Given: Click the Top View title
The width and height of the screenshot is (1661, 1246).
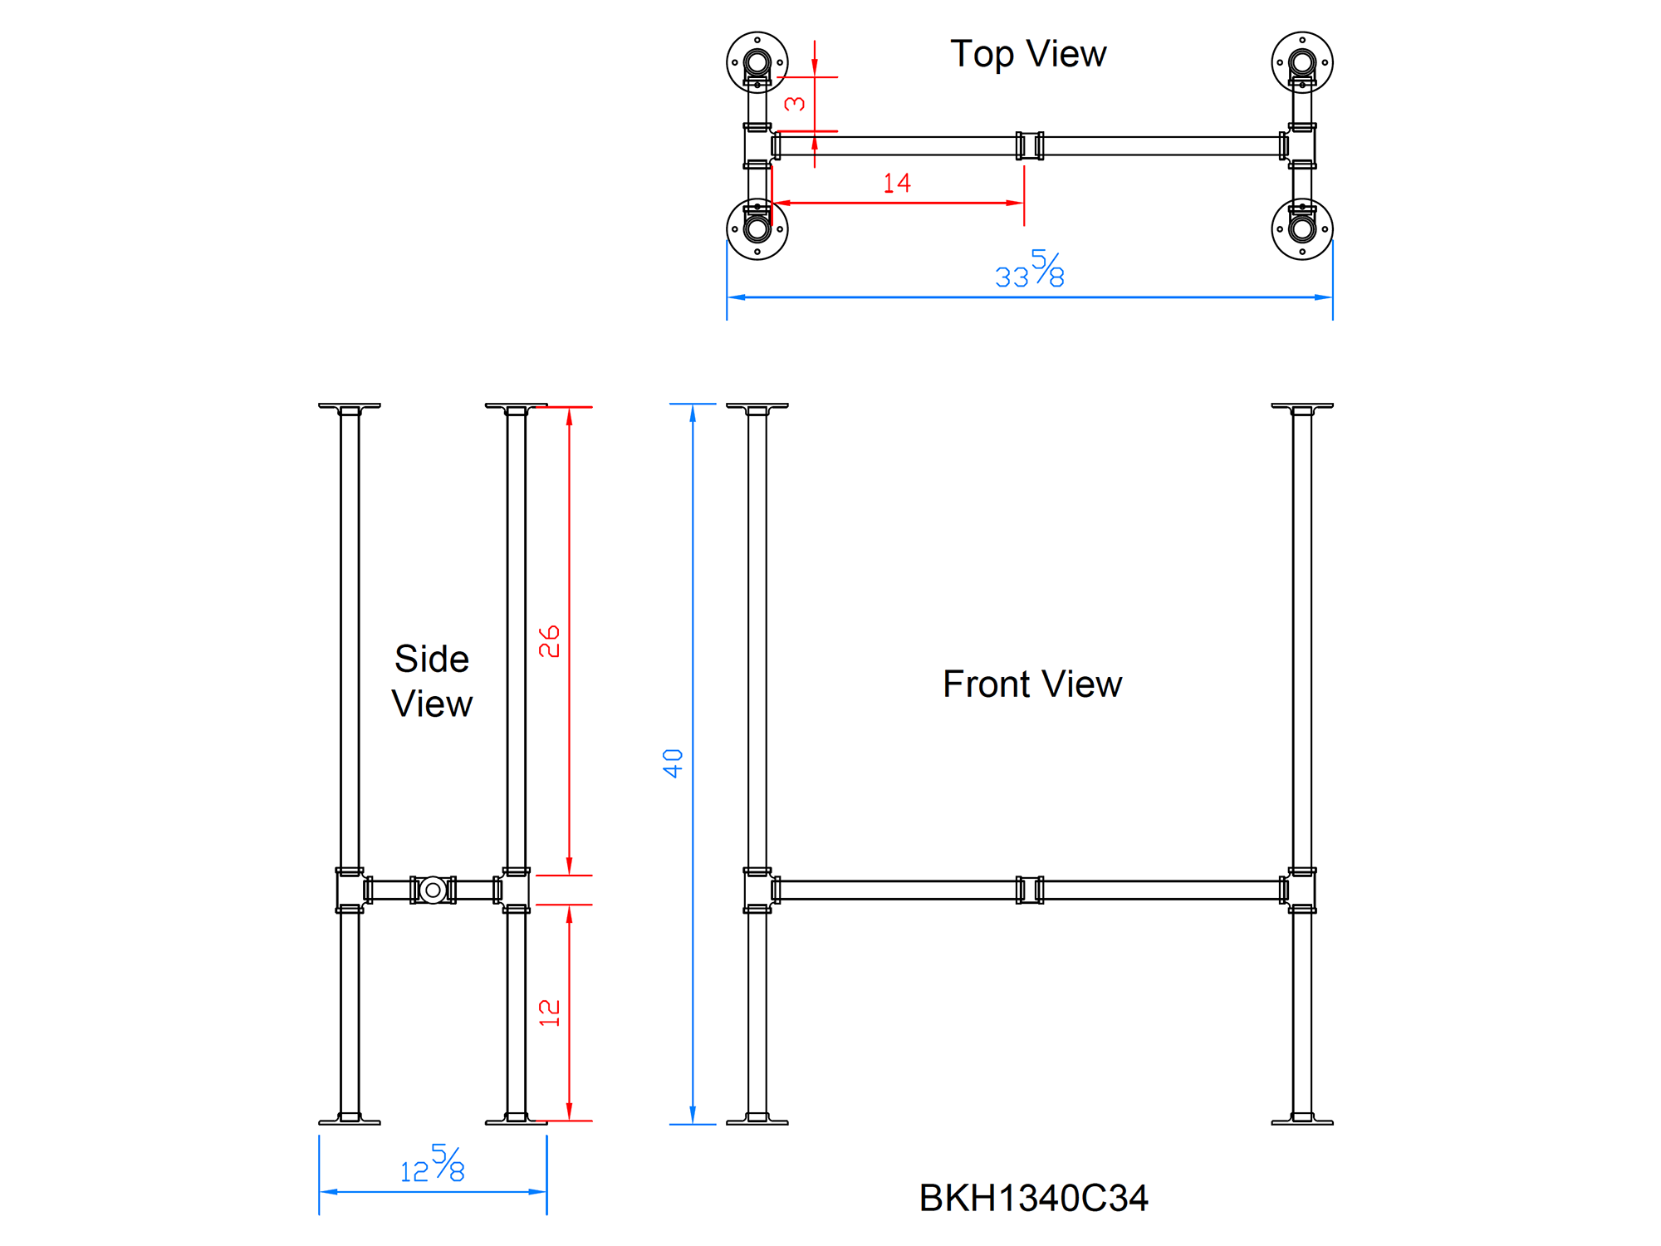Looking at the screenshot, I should pyautogui.click(x=1028, y=55).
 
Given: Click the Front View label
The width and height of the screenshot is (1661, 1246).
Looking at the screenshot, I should pyautogui.click(x=1032, y=684).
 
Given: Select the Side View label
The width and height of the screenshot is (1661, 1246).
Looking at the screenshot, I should pyautogui.click(x=432, y=681).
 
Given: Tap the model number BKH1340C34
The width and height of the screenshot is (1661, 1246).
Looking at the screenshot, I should pyautogui.click(x=1033, y=1198).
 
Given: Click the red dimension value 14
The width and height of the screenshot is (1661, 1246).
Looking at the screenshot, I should pyautogui.click(x=897, y=183).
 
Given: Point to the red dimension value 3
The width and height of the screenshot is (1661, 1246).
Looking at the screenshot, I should pyautogui.click(x=795, y=104).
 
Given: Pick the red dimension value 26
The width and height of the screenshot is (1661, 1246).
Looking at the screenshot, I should pyautogui.click(x=549, y=641).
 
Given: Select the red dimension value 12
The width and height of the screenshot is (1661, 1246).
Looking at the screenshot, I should pyautogui.click(x=549, y=1013).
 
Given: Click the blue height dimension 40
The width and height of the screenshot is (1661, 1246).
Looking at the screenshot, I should pyautogui.click(x=673, y=763).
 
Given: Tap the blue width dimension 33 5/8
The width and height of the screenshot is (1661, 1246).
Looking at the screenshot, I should pyautogui.click(x=1030, y=270).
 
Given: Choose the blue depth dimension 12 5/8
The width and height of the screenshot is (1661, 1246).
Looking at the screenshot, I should pyautogui.click(x=433, y=1164).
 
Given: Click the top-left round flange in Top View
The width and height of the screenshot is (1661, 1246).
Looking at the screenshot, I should pyautogui.click(x=757, y=62).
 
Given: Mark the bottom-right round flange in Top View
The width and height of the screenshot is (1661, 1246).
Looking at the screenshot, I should pyautogui.click(x=1301, y=228).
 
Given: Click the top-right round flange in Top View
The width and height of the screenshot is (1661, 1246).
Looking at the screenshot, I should pyautogui.click(x=1301, y=62).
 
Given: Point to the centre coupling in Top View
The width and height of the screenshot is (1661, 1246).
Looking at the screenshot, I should pyautogui.click(x=1030, y=145).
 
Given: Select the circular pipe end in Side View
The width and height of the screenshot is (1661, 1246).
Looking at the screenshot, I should pyautogui.click(x=433, y=890).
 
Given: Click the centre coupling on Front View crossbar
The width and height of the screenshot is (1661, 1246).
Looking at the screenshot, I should pyautogui.click(x=1030, y=890).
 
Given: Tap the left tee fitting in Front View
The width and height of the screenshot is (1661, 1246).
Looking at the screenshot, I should pyautogui.click(x=758, y=890).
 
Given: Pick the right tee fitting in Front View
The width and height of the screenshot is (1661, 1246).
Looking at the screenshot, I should pyautogui.click(x=1301, y=890).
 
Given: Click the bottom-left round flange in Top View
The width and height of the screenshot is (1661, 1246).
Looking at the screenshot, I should pyautogui.click(x=757, y=228).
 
